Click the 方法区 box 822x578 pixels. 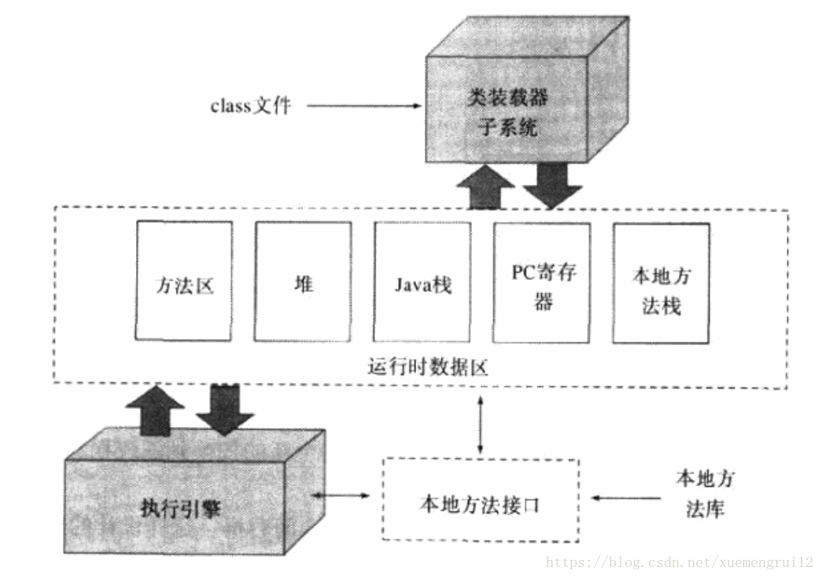click(184, 281)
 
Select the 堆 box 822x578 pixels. click(303, 281)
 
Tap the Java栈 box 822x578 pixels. click(422, 281)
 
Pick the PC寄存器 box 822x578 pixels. click(542, 281)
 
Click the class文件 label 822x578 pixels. click(250, 105)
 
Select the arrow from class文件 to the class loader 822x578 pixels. click(361, 105)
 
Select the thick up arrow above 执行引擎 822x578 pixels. click(155, 408)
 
